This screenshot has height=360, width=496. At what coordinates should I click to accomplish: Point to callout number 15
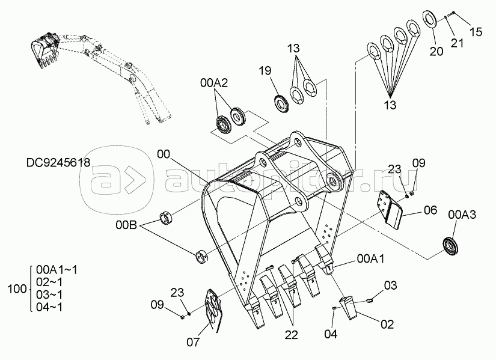coord(476,32)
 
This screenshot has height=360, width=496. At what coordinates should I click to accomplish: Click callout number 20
coord(436,51)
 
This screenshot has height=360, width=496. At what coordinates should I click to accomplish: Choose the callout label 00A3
coord(462,215)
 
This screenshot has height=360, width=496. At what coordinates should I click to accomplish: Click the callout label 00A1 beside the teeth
coord(371,258)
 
